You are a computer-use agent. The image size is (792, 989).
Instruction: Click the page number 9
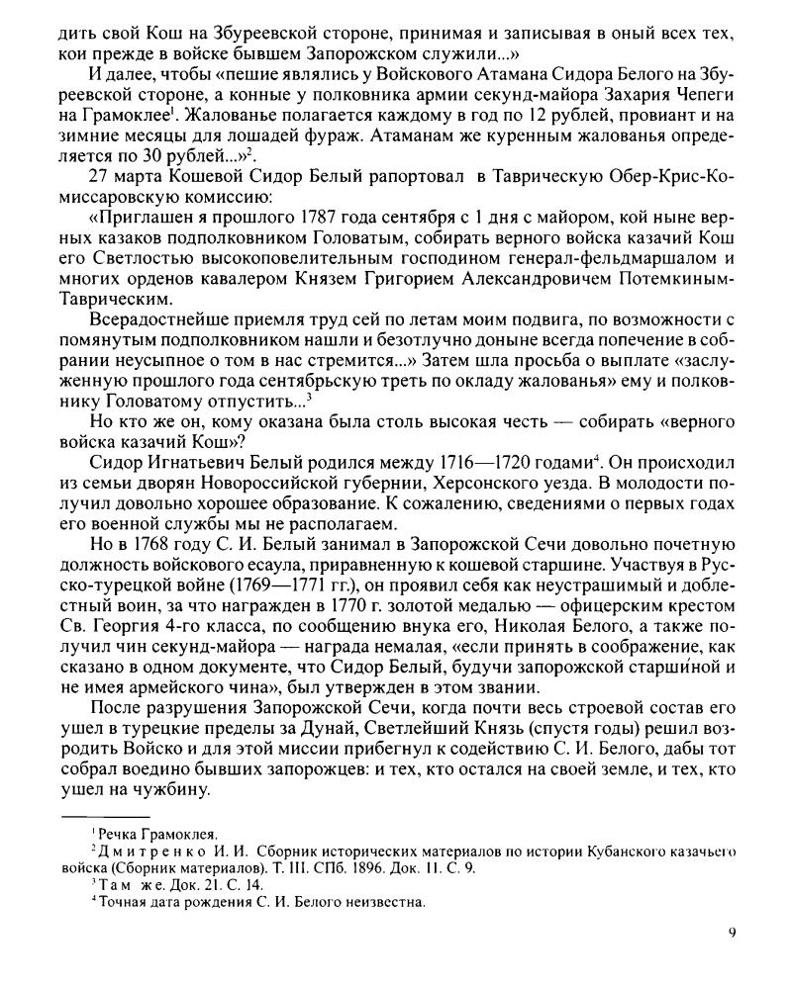tap(731, 932)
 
